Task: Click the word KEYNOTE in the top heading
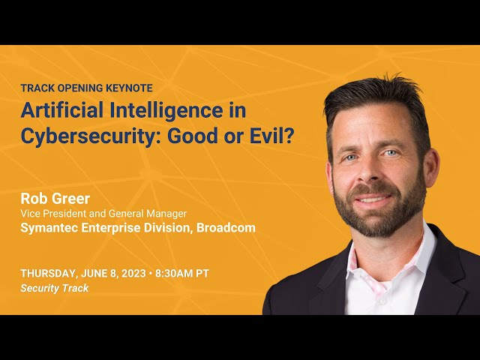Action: coord(129,88)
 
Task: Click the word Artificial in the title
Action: coord(61,110)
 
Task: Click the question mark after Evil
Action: coord(287,136)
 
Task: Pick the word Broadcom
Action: coord(226,228)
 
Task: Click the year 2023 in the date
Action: coord(133,273)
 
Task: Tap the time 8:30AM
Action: coord(174,273)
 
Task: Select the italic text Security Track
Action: coord(55,288)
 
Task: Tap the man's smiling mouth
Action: coord(373,198)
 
